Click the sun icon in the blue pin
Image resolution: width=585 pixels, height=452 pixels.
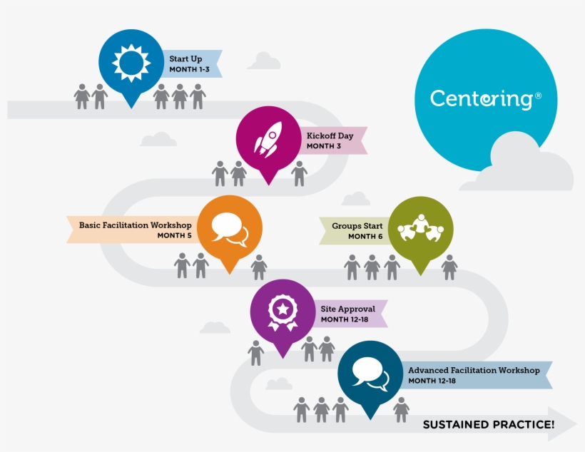coord(131,63)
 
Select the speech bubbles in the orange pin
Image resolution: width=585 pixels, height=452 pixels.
coord(229,228)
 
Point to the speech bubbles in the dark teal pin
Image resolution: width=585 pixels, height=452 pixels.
coord(370,374)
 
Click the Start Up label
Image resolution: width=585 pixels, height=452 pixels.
coord(185,58)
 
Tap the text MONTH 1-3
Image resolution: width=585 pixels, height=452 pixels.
coord(188,71)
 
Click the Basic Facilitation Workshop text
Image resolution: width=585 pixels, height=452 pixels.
coord(135,225)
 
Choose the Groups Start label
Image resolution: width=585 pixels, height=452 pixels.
coord(357,226)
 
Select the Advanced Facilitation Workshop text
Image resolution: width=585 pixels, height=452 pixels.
coord(474,371)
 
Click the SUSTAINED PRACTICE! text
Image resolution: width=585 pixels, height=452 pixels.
coord(489,425)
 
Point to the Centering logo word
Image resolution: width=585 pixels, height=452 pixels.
coord(481,98)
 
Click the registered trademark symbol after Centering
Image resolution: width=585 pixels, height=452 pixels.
coord(538,94)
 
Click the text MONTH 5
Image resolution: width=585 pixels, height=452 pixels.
coord(173,236)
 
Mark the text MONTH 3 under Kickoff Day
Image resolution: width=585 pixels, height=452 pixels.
coord(324,146)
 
